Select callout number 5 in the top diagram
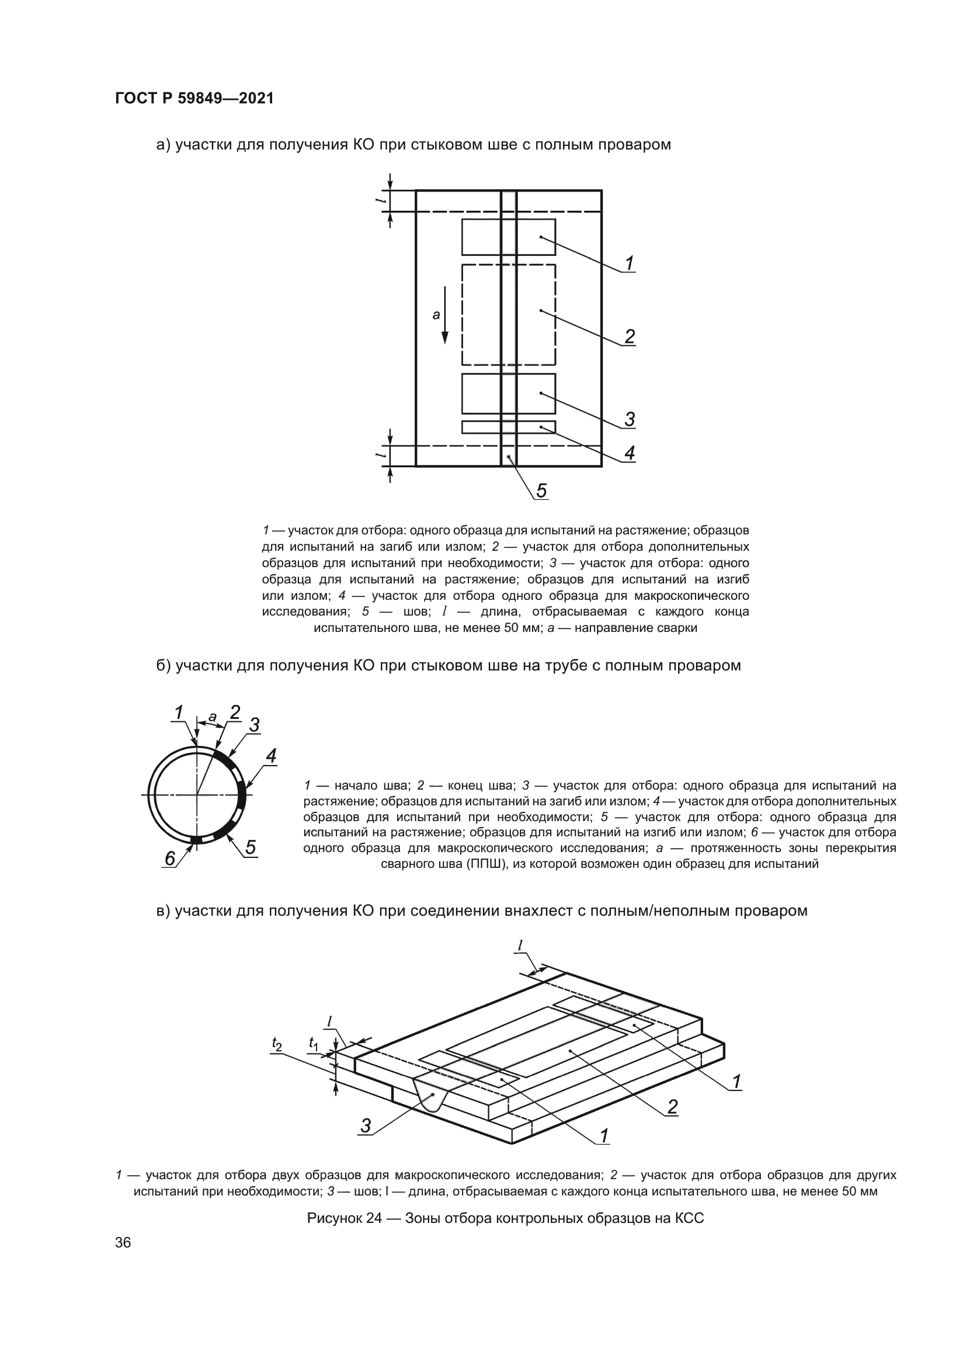pos(541,490)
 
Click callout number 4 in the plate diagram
pos(630,453)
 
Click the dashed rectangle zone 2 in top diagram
pos(509,315)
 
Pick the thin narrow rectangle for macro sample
pos(509,427)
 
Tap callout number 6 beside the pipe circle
pos(169,858)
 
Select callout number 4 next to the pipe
pos(270,756)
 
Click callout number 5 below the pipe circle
pos(251,847)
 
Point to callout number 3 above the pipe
pos(254,725)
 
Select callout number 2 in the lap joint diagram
pos(672,1107)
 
